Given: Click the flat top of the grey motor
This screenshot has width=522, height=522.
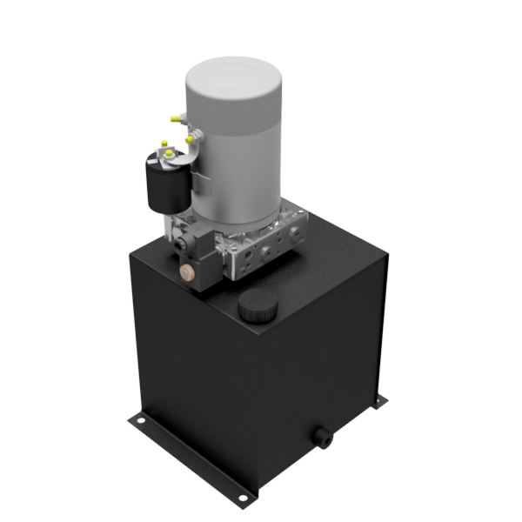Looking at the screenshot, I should point(230,75).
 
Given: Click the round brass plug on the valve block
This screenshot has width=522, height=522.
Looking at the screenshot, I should point(185,273).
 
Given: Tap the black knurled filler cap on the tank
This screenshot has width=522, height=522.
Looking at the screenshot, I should point(255,306).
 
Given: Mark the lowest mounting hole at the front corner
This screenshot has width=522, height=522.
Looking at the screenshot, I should point(241,498).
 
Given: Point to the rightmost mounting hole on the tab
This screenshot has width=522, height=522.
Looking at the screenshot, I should point(379,399).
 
